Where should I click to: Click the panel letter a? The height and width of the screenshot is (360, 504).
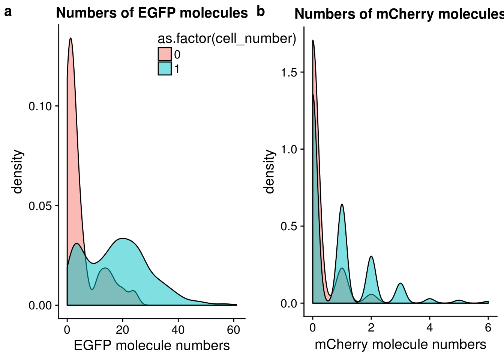[x=8, y=12]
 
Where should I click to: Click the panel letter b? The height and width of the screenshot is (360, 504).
[x=261, y=12]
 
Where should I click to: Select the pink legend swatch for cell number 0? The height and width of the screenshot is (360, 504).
[x=165, y=54]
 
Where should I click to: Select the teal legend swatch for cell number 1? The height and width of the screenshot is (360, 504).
[x=165, y=69]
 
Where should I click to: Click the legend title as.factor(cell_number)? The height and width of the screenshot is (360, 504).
[x=227, y=39]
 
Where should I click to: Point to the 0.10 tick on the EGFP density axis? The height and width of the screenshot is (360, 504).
[x=40, y=106]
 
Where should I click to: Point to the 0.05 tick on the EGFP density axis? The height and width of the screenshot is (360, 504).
[x=40, y=205]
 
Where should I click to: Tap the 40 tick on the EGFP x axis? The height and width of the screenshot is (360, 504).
[x=178, y=330]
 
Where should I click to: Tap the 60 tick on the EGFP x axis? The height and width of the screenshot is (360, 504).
[x=233, y=330]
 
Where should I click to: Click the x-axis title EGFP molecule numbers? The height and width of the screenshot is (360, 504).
[x=151, y=345]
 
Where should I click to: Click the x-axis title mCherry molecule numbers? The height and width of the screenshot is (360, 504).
[x=400, y=344]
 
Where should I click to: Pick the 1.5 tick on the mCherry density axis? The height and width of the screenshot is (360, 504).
[x=289, y=72]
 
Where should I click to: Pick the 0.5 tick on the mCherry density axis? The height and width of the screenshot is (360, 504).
[x=289, y=226]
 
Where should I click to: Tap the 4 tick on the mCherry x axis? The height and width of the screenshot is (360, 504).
[x=429, y=328]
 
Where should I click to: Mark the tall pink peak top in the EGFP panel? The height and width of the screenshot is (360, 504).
[x=70, y=38]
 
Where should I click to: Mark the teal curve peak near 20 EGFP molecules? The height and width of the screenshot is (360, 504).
[x=122, y=238]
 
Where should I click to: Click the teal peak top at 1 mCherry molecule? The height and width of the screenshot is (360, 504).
[x=342, y=204]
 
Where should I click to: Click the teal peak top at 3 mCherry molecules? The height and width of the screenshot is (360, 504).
[x=400, y=283]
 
